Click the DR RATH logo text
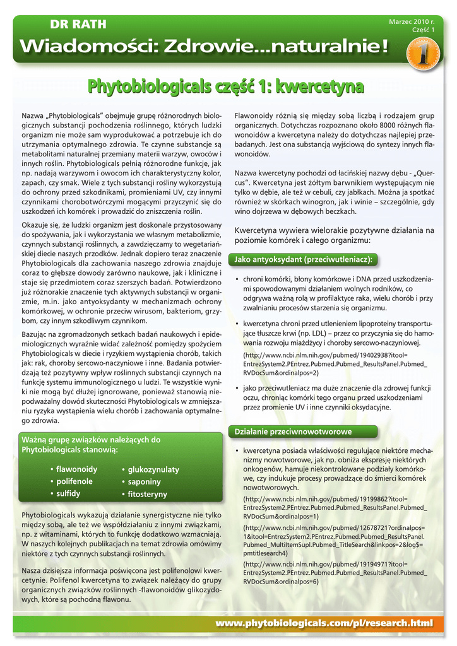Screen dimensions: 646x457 click(78, 25)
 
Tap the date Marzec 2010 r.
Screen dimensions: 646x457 click(412, 21)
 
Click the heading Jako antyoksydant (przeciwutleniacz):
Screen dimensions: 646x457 click(303, 259)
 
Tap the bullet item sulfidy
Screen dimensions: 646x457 click(68, 493)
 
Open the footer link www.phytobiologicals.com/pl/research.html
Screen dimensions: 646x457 click(325, 623)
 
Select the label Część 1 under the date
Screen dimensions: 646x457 click(423, 30)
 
